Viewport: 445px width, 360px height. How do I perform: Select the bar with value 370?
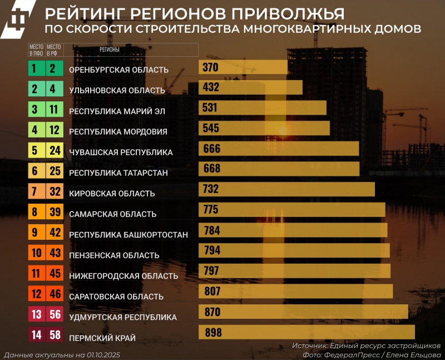(x=243, y=67)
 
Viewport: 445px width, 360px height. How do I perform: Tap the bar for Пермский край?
(x=306, y=332)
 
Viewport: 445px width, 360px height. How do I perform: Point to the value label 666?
(x=212, y=149)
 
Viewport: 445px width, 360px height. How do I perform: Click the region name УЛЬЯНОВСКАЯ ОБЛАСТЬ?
(x=117, y=90)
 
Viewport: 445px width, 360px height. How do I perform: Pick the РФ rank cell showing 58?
(x=54, y=336)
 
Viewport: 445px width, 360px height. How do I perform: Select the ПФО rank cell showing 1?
(x=34, y=69)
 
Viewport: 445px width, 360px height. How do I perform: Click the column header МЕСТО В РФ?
(x=54, y=50)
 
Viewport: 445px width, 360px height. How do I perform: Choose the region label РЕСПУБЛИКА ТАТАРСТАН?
(x=118, y=173)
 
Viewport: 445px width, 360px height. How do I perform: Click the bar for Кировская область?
(x=286, y=190)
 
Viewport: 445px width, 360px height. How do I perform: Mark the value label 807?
(x=212, y=291)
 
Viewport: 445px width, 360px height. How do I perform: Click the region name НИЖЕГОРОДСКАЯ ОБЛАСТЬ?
(x=123, y=276)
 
